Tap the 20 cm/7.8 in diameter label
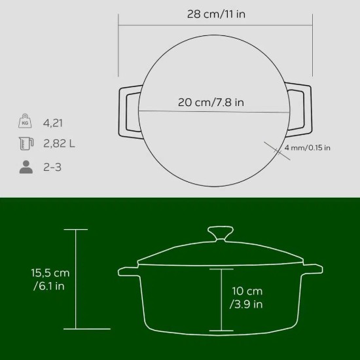tap(211, 102)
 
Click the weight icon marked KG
tap(26, 122)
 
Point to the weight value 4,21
tap(54, 122)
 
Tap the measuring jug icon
tap(26, 144)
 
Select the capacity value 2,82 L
tap(60, 144)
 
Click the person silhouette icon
tap(26, 166)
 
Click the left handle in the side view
tap(128, 270)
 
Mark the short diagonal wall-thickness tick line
tap(275, 149)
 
